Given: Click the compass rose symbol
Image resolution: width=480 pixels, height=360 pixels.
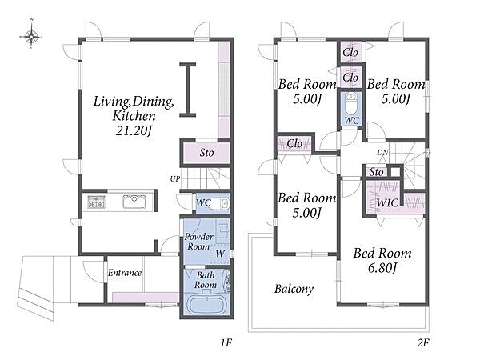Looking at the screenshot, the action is coord(31,37).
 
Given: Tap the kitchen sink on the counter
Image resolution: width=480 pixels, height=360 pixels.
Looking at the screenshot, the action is coord(134,202).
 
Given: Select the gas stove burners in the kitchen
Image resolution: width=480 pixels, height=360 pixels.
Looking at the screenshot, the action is coord(97,202).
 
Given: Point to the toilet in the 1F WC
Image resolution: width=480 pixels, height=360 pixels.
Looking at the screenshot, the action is coord(220,203).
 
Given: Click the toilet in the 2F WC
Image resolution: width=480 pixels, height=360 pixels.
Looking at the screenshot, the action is coord(351,103).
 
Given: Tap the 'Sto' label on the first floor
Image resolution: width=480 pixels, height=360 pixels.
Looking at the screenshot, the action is coord(206,153).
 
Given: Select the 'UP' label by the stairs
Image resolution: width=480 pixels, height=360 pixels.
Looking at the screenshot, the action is coord(175,178).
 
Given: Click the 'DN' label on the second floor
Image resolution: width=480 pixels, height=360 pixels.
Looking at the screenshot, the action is coord(382,152).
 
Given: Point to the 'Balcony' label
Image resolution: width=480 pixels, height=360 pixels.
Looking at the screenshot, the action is coord(294,289).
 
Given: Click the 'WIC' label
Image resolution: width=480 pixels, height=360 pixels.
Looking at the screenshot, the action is coord(387,202).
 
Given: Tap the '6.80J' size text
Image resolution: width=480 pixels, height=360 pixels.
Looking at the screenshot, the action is coord(382,268).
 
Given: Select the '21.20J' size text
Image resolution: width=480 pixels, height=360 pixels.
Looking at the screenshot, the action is coord(134,130).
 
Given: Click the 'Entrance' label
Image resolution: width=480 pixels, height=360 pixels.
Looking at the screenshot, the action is coord(125,273).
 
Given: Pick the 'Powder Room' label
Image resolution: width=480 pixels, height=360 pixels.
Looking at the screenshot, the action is coord(198,242).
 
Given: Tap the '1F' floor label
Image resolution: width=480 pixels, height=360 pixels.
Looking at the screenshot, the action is coord(226,342).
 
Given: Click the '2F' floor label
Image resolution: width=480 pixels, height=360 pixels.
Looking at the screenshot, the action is coord(423,342).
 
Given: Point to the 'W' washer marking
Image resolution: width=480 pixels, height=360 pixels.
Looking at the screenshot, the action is coord(220,254).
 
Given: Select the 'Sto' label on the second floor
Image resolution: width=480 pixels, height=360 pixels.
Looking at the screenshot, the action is coord(376,172).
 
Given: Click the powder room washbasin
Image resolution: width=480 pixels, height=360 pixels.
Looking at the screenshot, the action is coord(223,231).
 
